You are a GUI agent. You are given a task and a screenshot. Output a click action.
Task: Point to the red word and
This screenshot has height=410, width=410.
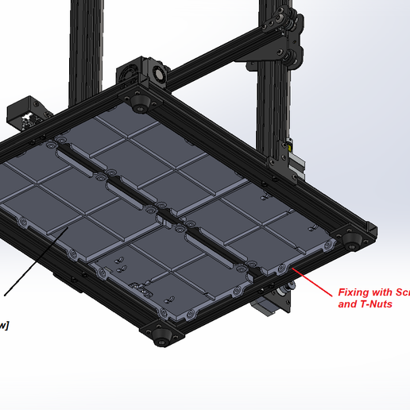coord(347,304)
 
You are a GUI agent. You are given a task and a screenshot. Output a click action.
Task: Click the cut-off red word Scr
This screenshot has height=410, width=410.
coord(403,292)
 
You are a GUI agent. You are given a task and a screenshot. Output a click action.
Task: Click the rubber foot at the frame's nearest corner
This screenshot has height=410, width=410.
coord(164,337)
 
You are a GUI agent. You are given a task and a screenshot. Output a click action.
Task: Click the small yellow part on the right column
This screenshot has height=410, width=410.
coord(288,147)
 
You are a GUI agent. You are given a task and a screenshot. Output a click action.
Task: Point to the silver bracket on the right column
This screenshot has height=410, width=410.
coord(296,164)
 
